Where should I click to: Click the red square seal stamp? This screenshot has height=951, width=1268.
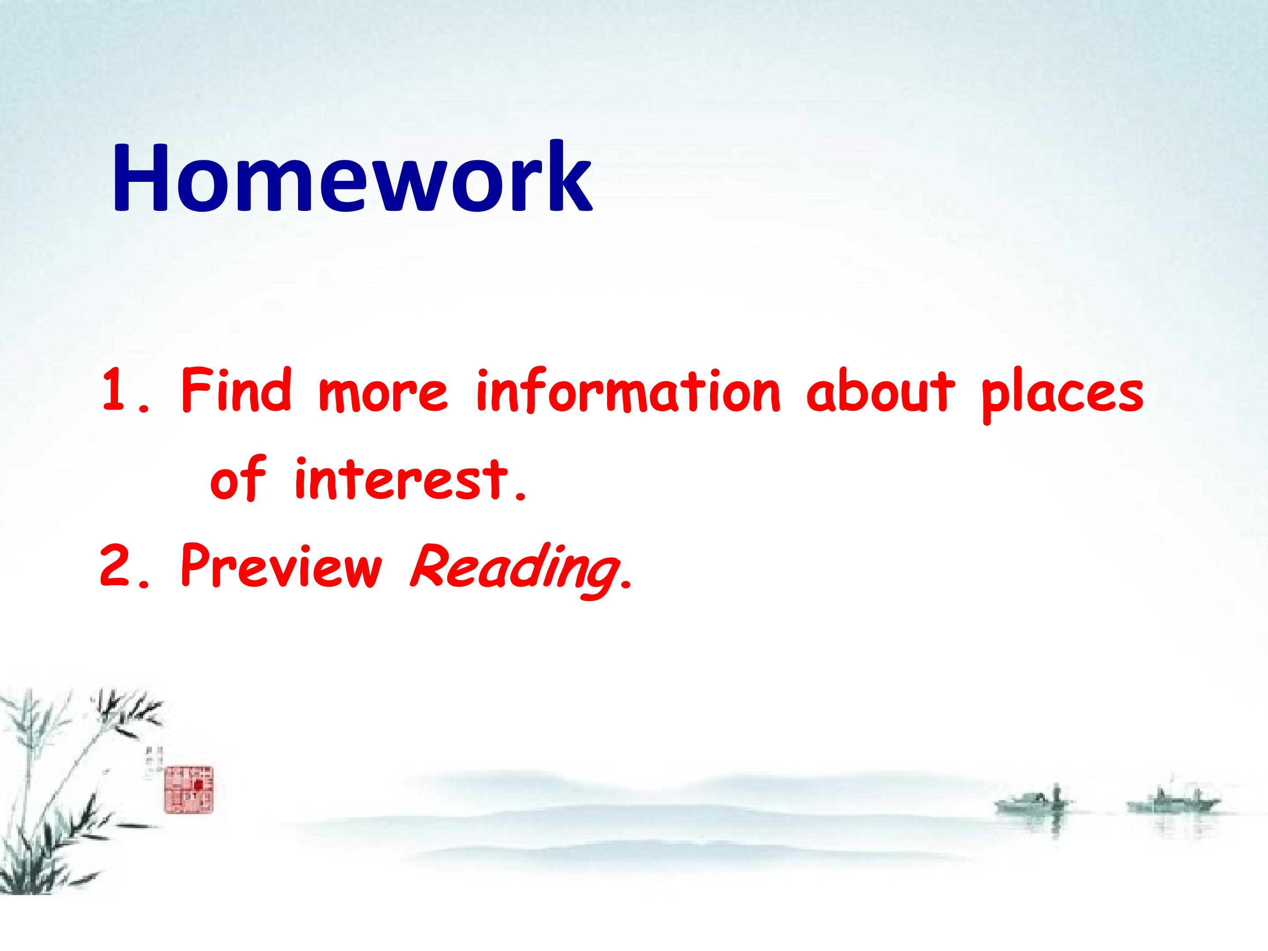[188, 789]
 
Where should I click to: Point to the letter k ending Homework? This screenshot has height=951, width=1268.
[569, 175]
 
